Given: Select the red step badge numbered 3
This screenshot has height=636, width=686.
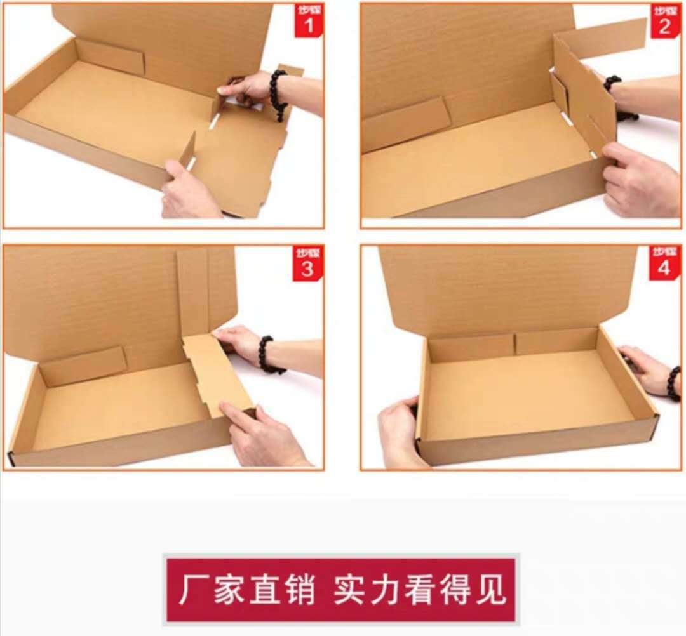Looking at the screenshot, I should pyautogui.click(x=307, y=263).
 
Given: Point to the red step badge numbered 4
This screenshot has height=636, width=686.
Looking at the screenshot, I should pyautogui.click(x=664, y=263).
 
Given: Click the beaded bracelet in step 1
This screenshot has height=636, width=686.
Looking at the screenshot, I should pyautogui.click(x=278, y=94).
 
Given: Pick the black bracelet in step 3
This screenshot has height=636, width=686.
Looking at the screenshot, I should pyautogui.click(x=267, y=355).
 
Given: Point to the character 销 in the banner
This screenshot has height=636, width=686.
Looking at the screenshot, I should pyautogui.click(x=299, y=590).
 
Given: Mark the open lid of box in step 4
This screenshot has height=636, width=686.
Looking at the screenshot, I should pyautogui.click(x=508, y=286).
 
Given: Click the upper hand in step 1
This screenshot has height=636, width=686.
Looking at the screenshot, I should pyautogui.click(x=248, y=88).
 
